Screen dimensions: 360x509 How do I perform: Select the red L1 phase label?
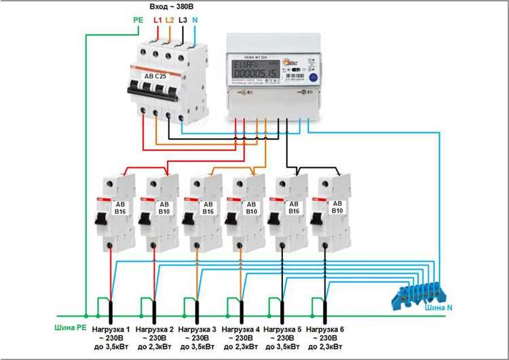[157, 20]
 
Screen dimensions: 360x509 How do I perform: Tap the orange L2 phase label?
[170, 20]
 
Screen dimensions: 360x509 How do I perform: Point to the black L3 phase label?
[183, 20]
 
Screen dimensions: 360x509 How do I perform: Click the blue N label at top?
[195, 20]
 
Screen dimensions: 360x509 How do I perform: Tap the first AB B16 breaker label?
[120, 206]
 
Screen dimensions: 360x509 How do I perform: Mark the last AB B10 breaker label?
[337, 206]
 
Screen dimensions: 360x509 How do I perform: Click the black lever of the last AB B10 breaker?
[316, 219]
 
